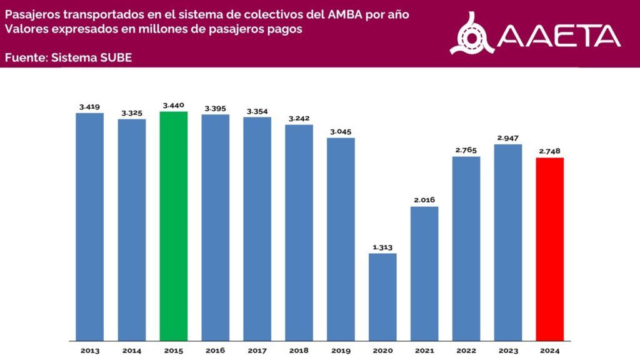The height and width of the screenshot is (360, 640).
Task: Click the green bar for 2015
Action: [x=173, y=226]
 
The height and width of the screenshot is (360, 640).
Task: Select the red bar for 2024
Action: [x=550, y=249]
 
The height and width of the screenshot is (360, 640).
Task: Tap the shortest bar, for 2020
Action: [x=382, y=297]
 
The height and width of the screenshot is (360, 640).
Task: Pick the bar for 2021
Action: [x=424, y=274]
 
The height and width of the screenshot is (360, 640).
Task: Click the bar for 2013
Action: [x=89, y=227]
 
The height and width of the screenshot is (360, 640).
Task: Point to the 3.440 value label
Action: [x=173, y=106]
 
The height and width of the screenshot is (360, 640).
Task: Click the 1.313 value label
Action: [x=382, y=247]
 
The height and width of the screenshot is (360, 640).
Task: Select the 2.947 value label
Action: [x=508, y=138]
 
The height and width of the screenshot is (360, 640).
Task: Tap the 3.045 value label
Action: [x=341, y=131]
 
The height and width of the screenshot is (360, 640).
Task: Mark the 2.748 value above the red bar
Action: [x=550, y=151]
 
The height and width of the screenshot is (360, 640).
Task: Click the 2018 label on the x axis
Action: [x=299, y=351]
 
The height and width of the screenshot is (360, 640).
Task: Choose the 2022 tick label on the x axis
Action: [x=466, y=351]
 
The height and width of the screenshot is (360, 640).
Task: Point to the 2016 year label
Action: [x=215, y=351]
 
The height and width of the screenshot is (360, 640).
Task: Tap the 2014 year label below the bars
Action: [x=131, y=351]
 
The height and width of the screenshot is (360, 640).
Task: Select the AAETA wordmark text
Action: [x=559, y=36]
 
